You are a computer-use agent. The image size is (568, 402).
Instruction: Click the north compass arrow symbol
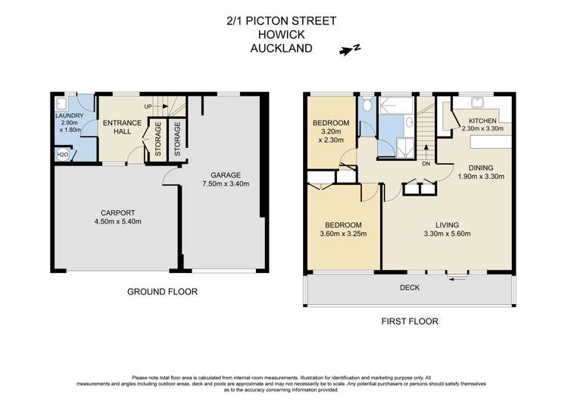349,51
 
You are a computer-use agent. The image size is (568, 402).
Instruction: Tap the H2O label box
62,155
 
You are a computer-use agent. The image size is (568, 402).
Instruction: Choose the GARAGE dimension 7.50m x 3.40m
221,183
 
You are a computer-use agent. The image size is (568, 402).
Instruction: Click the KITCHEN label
483,121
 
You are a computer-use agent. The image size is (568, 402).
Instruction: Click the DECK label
410,288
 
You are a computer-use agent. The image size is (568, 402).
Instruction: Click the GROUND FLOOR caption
162,291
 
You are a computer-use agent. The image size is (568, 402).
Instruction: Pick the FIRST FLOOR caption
407,321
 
